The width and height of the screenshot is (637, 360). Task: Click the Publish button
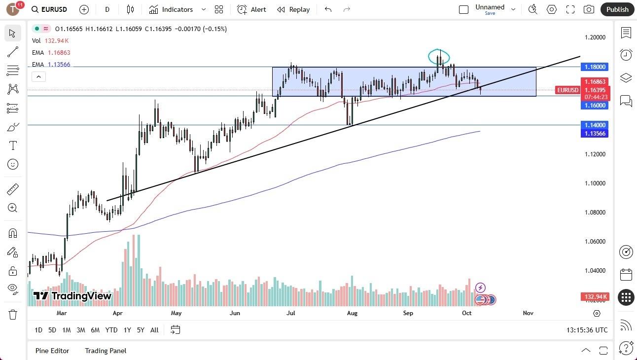[617, 9]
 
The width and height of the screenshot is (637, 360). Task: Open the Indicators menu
[177, 9]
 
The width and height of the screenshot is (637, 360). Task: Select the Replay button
[293, 9]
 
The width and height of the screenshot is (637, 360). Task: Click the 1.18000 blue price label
[596, 67]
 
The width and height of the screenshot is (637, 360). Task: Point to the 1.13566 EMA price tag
[596, 134]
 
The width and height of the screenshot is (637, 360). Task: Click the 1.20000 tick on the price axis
[596, 37]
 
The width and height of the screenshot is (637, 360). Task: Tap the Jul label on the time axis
[291, 313]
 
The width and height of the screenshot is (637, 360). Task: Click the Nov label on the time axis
[528, 313]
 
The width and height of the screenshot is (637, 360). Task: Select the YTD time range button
[111, 330]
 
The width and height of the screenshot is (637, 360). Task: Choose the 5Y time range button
[141, 330]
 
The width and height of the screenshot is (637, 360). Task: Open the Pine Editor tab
[52, 351]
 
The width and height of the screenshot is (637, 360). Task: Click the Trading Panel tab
[106, 351]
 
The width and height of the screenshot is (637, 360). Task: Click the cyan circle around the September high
[438, 57]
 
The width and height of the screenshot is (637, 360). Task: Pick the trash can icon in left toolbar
[13, 314]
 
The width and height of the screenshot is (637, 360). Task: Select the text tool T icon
[13, 145]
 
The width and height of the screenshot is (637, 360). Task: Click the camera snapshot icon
[589, 9]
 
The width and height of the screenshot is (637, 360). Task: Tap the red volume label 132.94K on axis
[596, 297]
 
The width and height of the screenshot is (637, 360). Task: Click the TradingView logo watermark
[72, 296]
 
